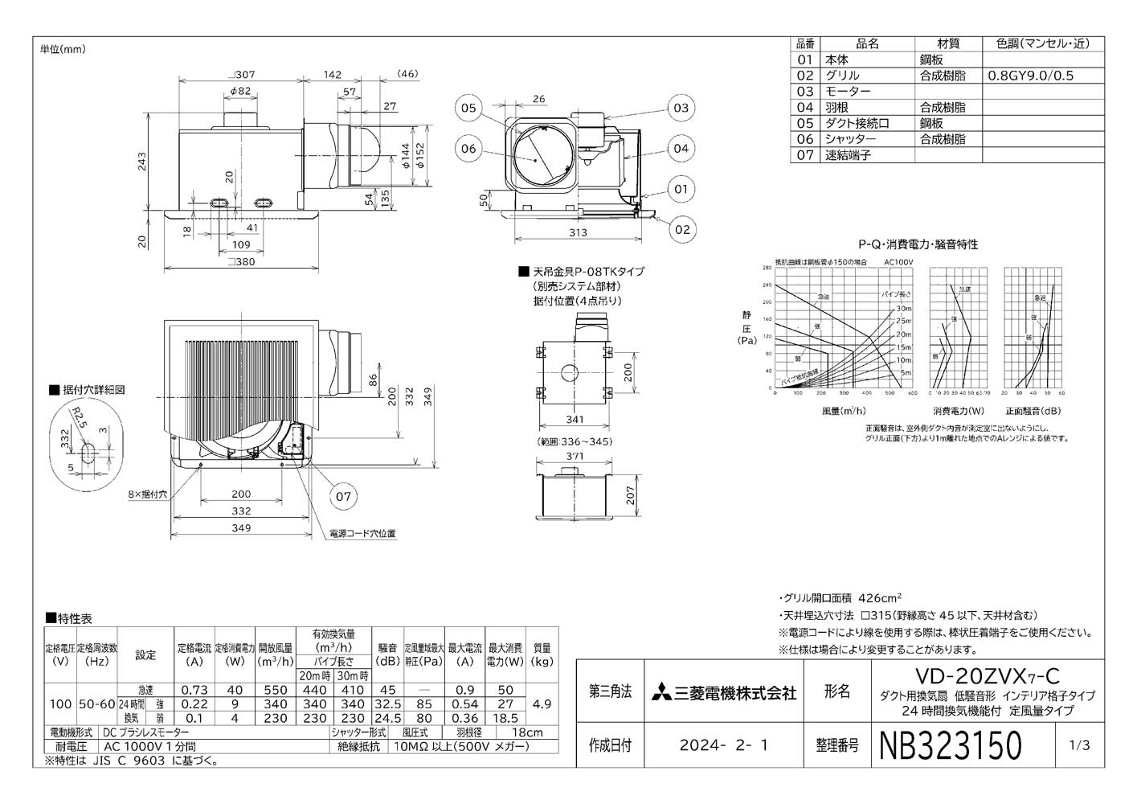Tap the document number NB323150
[951, 745]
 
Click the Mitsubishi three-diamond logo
[664, 692]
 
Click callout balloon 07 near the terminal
[343, 496]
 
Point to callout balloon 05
[468, 108]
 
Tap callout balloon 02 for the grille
[681, 229]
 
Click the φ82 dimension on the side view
[241, 92]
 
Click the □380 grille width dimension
[241, 261]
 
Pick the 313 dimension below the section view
[577, 233]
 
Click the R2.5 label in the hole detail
[76, 418]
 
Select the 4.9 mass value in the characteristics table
[542, 703]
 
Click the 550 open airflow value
[275, 690]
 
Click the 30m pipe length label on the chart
[904, 309]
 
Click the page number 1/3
[1080, 745]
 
